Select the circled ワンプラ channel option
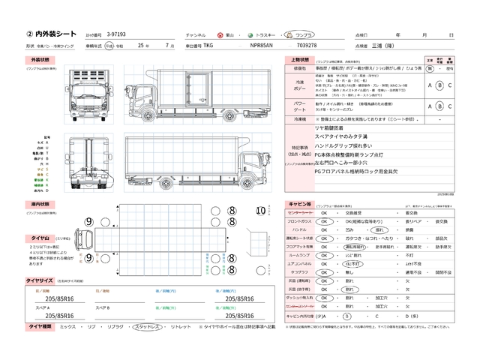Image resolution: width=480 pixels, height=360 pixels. point(303,35)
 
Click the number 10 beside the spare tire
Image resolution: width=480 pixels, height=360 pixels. point(262,211)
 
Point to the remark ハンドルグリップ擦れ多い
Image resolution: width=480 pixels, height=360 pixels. point(345,145)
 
